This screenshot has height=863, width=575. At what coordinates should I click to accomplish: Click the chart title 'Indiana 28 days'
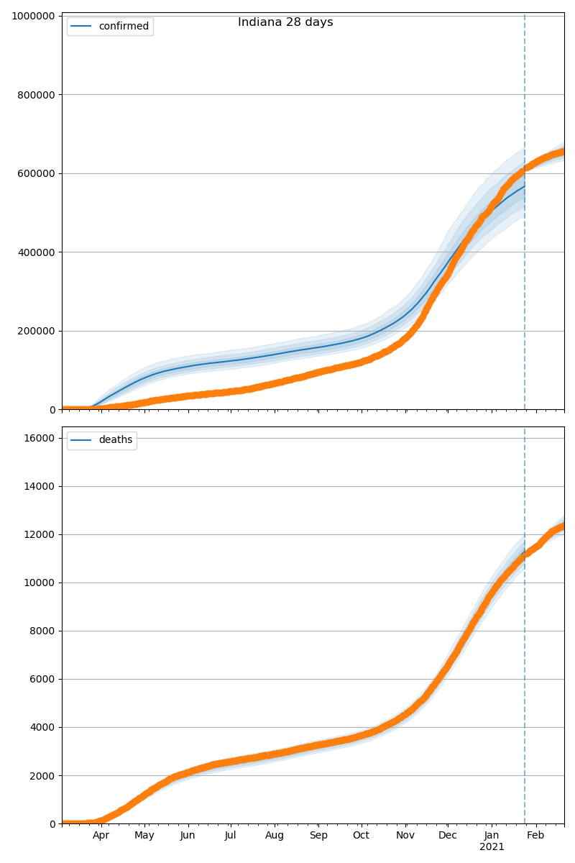(x=285, y=22)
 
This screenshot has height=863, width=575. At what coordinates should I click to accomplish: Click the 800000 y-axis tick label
(x=32, y=95)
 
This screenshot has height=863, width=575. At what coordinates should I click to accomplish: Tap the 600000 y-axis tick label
(x=32, y=173)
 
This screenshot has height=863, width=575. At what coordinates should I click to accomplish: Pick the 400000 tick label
(x=32, y=252)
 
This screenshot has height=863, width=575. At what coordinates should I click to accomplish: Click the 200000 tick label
(x=32, y=331)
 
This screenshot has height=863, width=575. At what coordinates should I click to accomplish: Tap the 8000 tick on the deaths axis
(x=42, y=631)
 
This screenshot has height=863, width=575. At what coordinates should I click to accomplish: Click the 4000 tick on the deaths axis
(x=42, y=728)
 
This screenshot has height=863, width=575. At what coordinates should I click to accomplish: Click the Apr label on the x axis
(x=101, y=836)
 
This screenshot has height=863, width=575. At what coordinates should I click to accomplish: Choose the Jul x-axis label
(x=231, y=836)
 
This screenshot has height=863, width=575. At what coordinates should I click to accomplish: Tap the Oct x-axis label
(x=361, y=836)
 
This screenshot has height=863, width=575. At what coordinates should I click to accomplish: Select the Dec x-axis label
(x=448, y=836)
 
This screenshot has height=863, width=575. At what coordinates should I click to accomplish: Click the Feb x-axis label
(x=535, y=836)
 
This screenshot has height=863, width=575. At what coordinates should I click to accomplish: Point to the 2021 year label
(x=492, y=847)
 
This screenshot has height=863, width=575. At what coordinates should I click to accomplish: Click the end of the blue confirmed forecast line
(x=524, y=187)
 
